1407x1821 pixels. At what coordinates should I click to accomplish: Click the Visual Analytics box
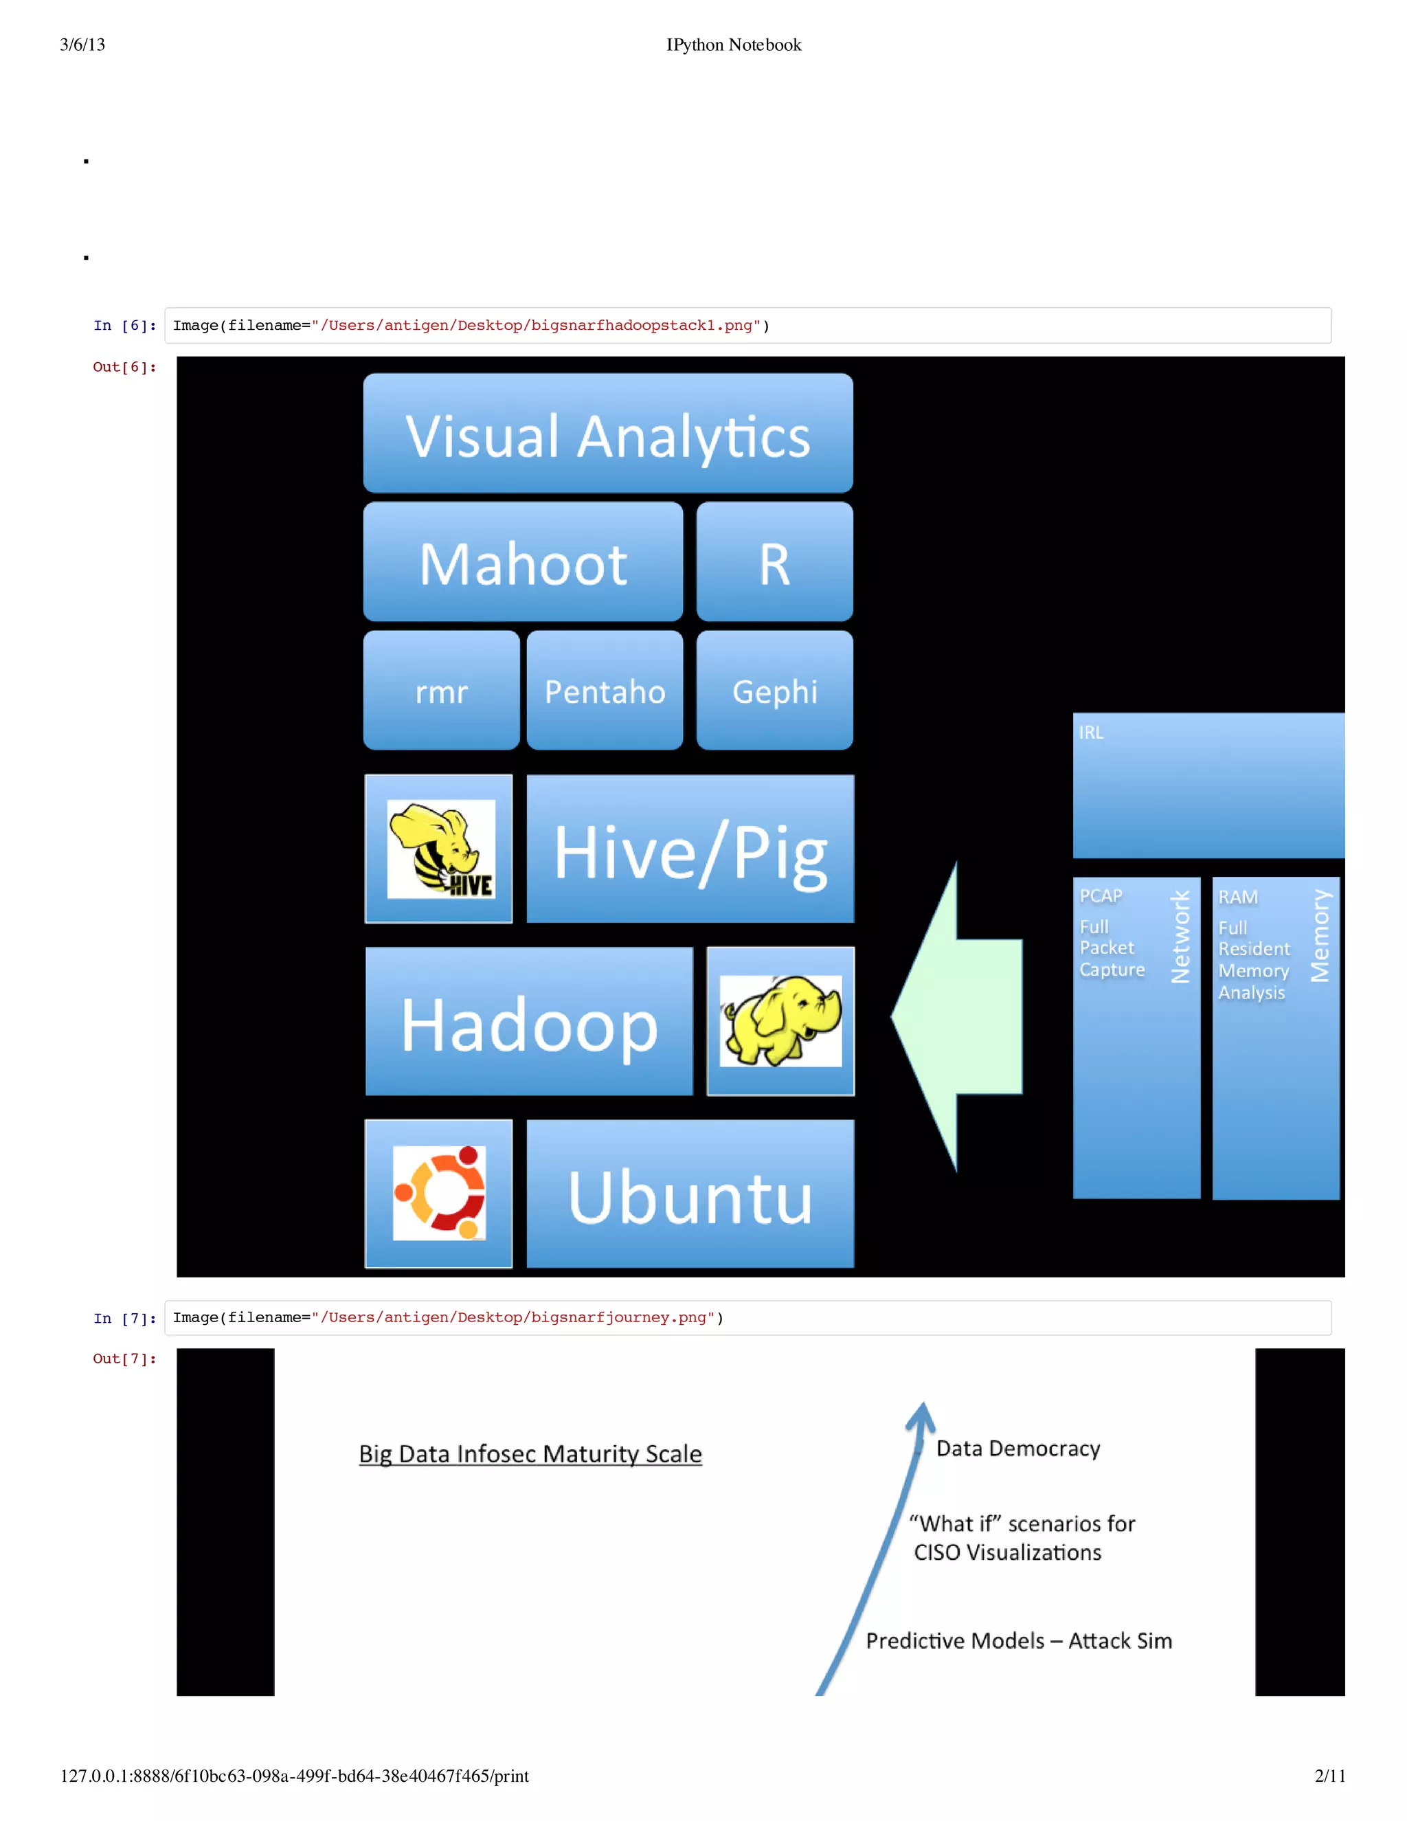click(607, 434)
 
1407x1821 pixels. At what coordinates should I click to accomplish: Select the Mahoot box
click(523, 563)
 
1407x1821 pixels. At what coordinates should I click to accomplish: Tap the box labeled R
click(774, 563)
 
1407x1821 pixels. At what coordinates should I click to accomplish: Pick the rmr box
click(441, 691)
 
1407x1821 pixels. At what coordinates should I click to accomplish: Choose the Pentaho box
click(605, 691)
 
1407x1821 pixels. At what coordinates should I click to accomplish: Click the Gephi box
click(774, 691)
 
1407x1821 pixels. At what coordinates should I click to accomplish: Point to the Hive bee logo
click(440, 849)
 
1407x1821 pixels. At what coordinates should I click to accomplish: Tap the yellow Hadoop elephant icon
click(780, 1020)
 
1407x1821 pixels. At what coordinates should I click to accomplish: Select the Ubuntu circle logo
click(439, 1193)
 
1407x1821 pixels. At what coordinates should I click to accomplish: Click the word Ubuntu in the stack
click(690, 1196)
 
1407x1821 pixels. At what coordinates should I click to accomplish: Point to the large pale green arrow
click(958, 1017)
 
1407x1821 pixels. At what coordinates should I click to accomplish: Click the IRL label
click(1090, 732)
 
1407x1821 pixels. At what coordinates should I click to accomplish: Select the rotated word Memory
click(1320, 935)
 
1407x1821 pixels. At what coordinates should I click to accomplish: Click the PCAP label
click(1101, 895)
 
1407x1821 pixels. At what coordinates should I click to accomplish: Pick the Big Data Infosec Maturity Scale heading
click(530, 1453)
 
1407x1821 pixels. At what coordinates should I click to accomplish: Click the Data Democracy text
click(1017, 1449)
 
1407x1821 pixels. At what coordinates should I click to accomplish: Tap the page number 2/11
click(1329, 1775)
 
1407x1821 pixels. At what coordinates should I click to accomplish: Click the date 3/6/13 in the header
click(82, 45)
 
